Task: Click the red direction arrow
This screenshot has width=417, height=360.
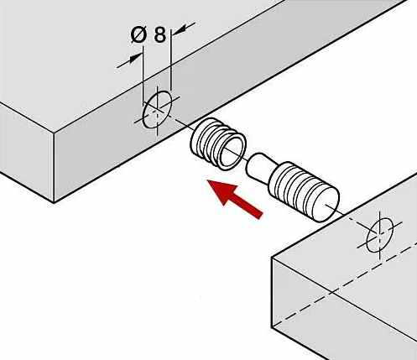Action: (x=234, y=199)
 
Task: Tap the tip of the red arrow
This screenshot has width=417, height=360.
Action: (x=207, y=180)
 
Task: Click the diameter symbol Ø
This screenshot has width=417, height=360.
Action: (x=138, y=35)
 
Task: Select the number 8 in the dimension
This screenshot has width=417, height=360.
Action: (x=160, y=35)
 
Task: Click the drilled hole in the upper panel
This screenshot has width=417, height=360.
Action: (x=157, y=109)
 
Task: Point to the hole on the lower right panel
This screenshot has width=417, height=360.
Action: (x=380, y=235)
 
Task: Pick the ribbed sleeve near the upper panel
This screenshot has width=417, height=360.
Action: (x=218, y=143)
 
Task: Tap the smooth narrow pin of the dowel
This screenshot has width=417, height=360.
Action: (x=260, y=165)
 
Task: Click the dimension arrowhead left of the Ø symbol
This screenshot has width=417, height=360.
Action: (x=135, y=58)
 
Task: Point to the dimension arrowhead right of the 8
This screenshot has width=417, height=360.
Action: (x=178, y=29)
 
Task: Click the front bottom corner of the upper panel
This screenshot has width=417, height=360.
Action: (x=54, y=202)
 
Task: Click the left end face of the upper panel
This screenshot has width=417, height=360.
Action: (x=27, y=151)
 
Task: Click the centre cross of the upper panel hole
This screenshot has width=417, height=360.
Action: (x=157, y=109)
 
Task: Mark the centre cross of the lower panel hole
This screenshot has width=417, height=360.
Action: (x=380, y=234)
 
